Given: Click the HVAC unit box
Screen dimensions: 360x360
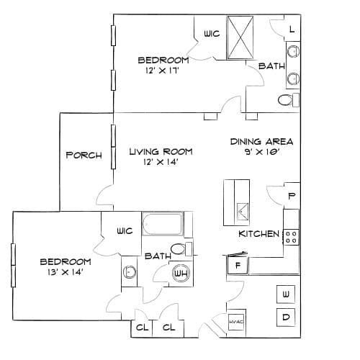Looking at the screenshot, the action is point(236,322).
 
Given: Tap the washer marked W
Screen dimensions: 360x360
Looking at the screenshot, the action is point(286,294).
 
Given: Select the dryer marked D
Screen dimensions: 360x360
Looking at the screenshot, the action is point(286,318).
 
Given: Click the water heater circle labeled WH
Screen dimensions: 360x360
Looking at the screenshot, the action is point(181,273).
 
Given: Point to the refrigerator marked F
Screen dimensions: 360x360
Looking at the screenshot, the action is point(238,265).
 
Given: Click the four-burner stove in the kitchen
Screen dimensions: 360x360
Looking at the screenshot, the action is point(291,237).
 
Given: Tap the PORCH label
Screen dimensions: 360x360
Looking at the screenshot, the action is point(84,155).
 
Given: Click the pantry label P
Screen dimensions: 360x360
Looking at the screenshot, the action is point(292,196).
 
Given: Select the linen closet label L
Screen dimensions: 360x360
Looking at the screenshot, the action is point(292,30).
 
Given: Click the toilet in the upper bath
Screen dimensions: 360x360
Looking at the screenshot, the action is point(289,100).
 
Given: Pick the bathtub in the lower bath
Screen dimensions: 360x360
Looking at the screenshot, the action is point(163,224).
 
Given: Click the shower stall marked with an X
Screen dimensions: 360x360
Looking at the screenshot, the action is point(240,37).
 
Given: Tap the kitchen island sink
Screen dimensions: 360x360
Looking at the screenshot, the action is point(243,211).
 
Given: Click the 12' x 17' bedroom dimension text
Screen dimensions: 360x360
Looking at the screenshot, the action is point(163,71).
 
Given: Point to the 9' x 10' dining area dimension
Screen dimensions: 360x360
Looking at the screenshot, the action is point(263,152).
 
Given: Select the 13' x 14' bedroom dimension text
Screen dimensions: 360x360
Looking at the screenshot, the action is point(66,272).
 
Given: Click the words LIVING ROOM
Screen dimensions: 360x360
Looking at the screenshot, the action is point(161,152).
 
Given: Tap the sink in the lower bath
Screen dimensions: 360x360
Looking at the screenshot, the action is point(130,272).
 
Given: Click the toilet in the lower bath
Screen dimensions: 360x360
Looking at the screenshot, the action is point(181,249).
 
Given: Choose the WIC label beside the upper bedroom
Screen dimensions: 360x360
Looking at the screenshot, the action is point(212,34).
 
